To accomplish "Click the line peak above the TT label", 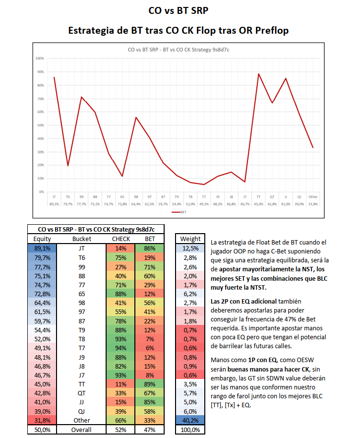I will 259,74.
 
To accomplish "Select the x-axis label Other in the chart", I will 313,196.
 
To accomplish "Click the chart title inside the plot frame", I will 178,50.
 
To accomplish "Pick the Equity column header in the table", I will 42,239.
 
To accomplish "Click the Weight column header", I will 190,239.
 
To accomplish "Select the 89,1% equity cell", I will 42,248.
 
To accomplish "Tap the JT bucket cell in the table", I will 81,248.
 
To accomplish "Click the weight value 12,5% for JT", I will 190,248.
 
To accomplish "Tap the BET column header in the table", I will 149,239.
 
